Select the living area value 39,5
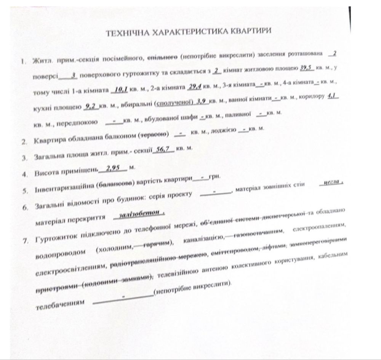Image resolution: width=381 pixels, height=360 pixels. (x=306, y=68)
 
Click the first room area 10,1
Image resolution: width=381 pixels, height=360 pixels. (x=120, y=90)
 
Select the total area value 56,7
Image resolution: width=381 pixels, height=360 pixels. (x=163, y=149)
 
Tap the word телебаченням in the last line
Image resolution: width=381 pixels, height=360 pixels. (x=59, y=306)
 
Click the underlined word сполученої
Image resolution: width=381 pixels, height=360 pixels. (x=173, y=103)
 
